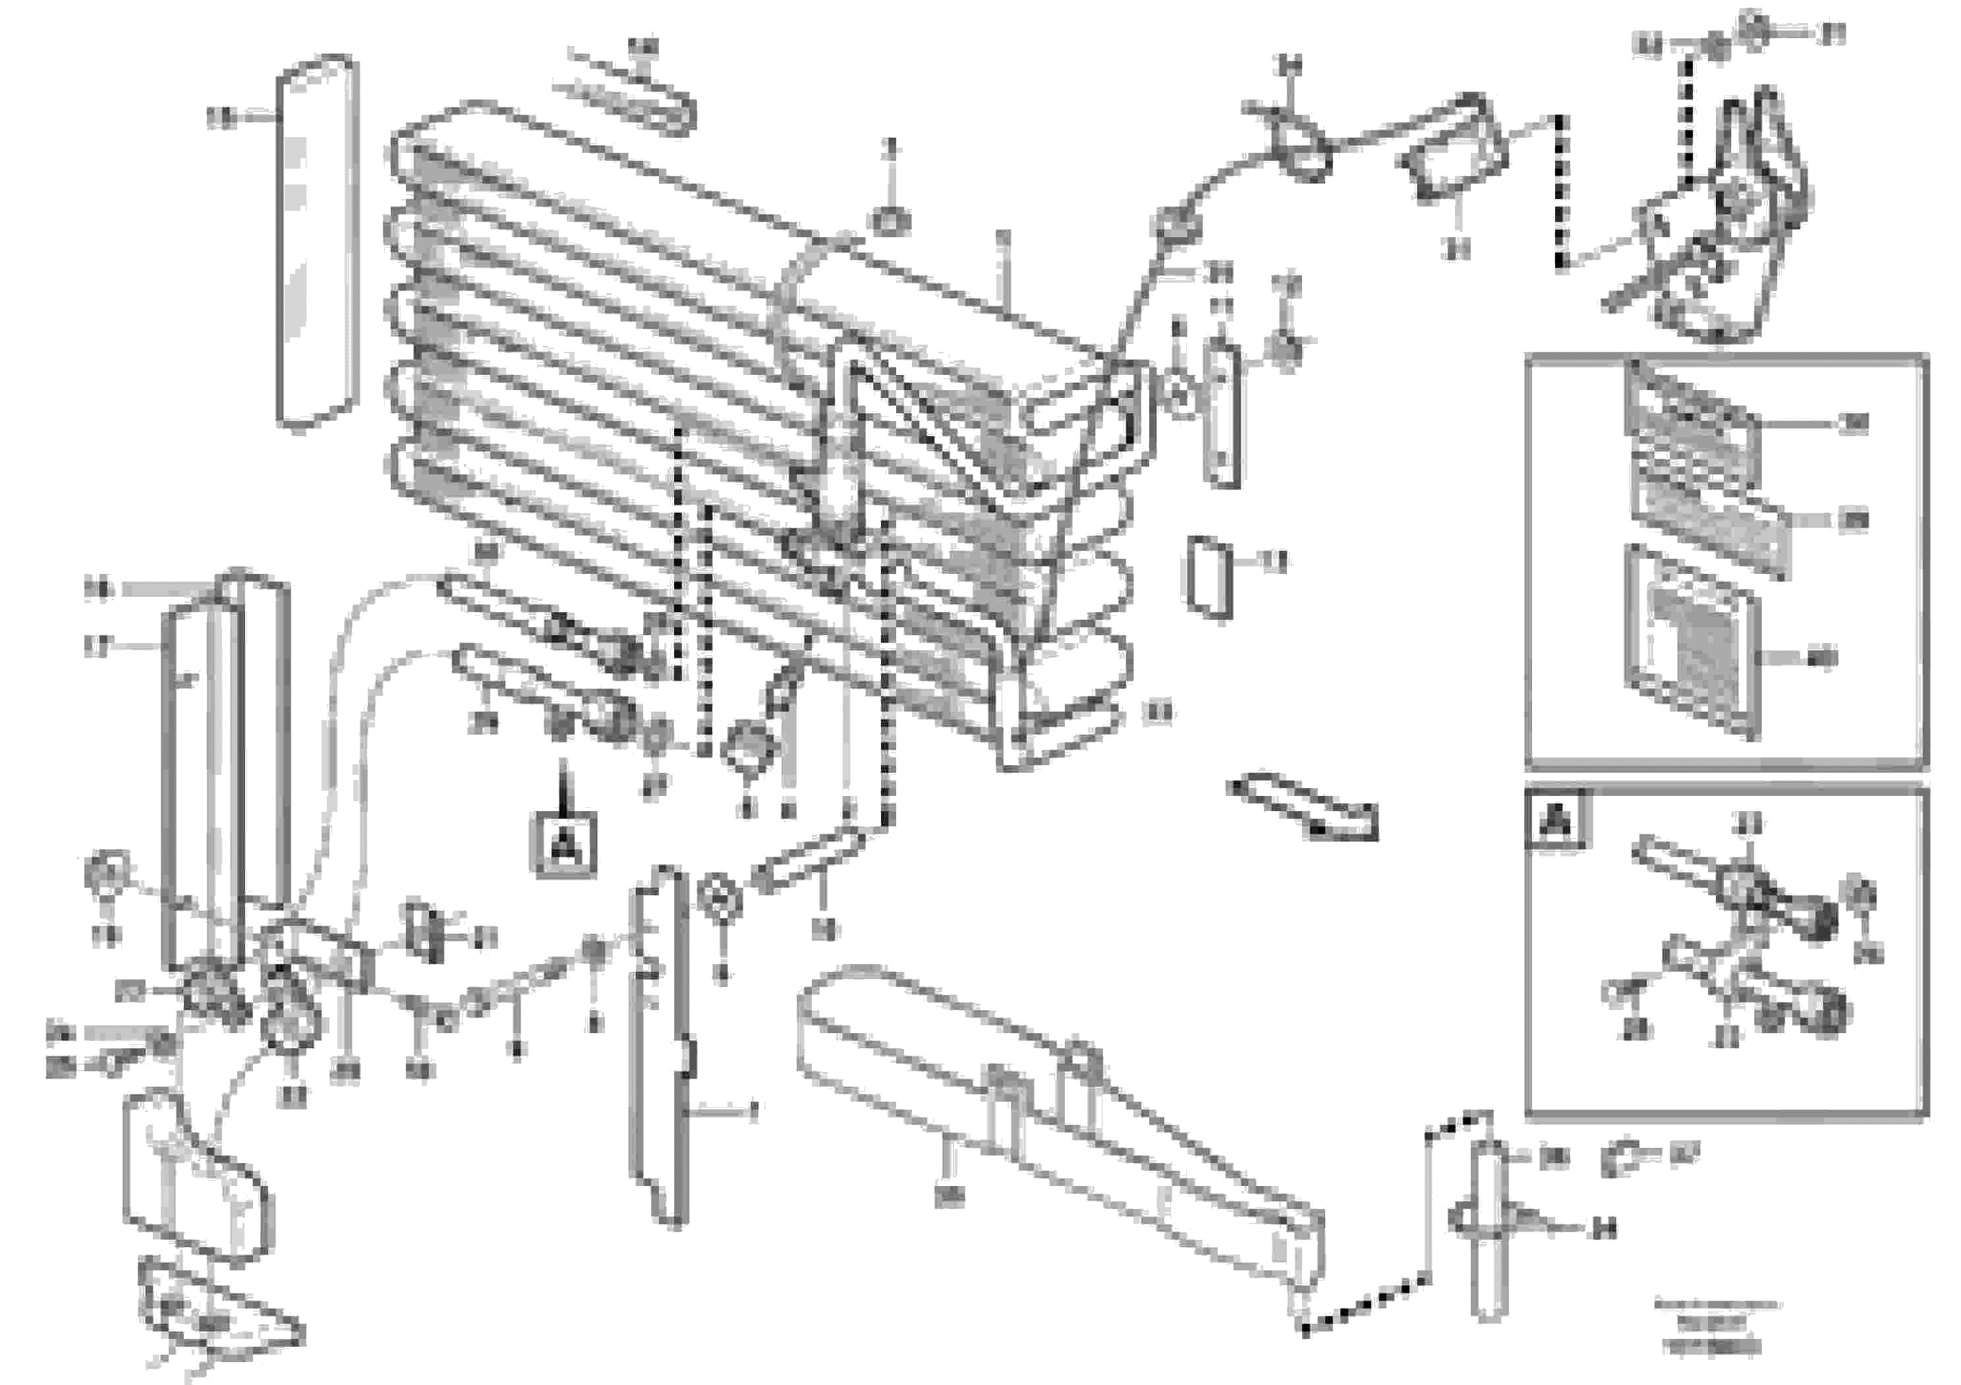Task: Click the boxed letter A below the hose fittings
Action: click(563, 845)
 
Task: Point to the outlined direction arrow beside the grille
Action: click(1301, 807)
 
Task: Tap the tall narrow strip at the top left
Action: click(315, 242)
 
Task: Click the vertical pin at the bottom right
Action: click(1488, 1230)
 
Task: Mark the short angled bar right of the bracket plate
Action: click(807, 863)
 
